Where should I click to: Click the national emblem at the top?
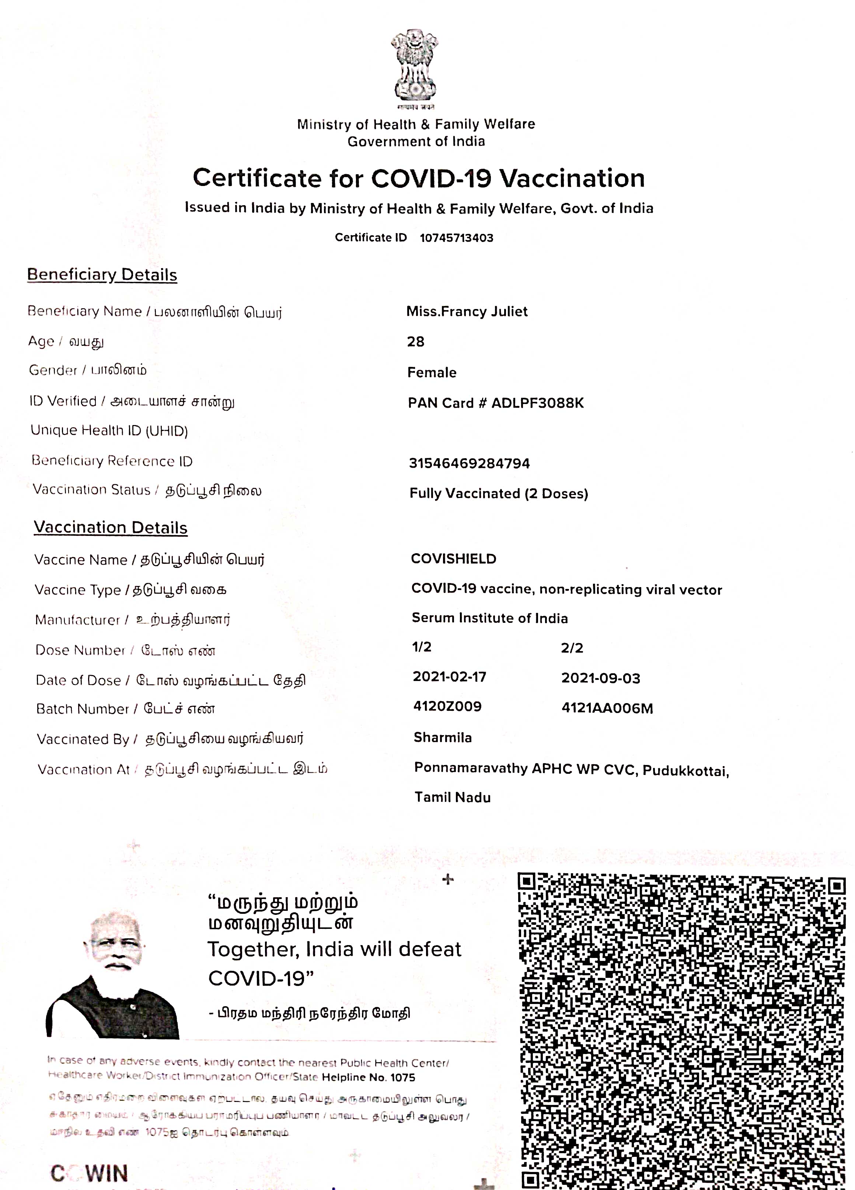point(414,66)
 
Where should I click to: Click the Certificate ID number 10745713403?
point(456,238)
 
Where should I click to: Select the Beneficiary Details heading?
point(102,274)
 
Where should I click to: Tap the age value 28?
point(415,341)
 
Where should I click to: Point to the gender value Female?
point(432,372)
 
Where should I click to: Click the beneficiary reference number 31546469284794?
point(469,463)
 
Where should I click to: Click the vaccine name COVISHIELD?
point(453,559)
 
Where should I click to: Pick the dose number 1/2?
point(422,647)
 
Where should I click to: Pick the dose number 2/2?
point(572,648)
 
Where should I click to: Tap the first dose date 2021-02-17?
point(449,677)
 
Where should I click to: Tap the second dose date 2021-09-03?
point(600,678)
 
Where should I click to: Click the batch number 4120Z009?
point(447,706)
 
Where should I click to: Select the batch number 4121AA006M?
point(607,708)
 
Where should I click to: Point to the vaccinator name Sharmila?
point(443,738)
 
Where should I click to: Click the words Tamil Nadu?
point(453,797)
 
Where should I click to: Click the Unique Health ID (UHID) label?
point(109,431)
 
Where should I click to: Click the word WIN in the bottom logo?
point(107,1173)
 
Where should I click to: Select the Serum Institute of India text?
point(489,618)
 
